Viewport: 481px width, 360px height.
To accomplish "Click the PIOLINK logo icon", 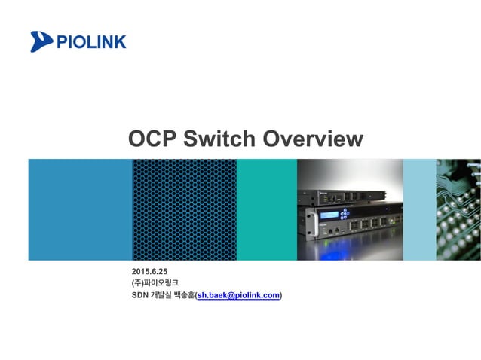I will click(x=42, y=41).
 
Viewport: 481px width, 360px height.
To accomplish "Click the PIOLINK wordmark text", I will click(x=90, y=41).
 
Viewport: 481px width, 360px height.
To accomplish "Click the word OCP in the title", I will click(x=154, y=139).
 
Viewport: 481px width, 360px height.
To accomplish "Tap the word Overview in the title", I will click(x=312, y=139).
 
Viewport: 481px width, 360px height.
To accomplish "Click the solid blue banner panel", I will click(x=80, y=209).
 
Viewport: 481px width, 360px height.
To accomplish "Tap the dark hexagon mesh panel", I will click(x=184, y=209).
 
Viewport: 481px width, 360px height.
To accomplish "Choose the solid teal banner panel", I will click(x=266, y=209).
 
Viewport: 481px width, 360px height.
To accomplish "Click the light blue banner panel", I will click(x=420, y=209).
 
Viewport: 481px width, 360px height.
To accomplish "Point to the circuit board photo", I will click(x=459, y=209).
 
